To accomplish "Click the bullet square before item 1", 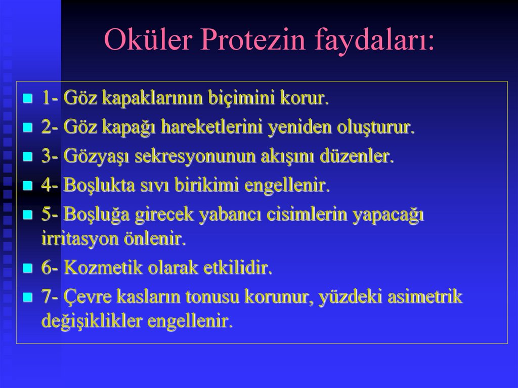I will coord(28,98).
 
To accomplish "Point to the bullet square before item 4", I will coord(28,186).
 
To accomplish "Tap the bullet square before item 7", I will coord(28,297).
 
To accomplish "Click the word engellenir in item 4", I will coord(287,186).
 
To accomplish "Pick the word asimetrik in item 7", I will coord(425,297).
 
